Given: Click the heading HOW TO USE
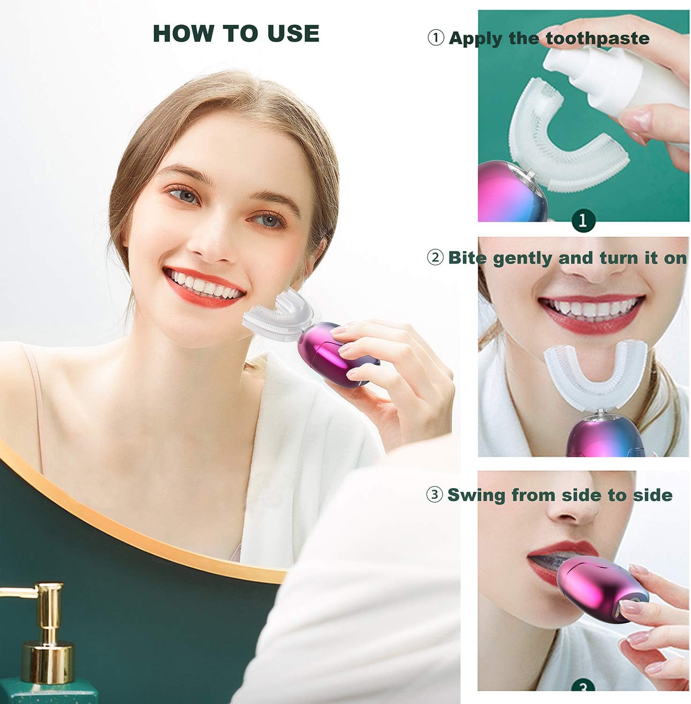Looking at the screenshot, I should (x=236, y=33).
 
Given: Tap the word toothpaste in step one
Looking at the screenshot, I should (x=598, y=38).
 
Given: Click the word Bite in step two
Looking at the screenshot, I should (x=467, y=258).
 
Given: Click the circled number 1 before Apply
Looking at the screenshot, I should (x=436, y=38).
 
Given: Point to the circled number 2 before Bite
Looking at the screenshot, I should (x=435, y=258).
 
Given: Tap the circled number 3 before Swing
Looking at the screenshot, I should (x=435, y=495).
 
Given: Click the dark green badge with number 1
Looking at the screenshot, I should (x=583, y=220).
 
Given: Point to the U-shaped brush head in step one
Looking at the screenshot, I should (x=563, y=141).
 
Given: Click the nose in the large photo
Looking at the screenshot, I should (x=213, y=242).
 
